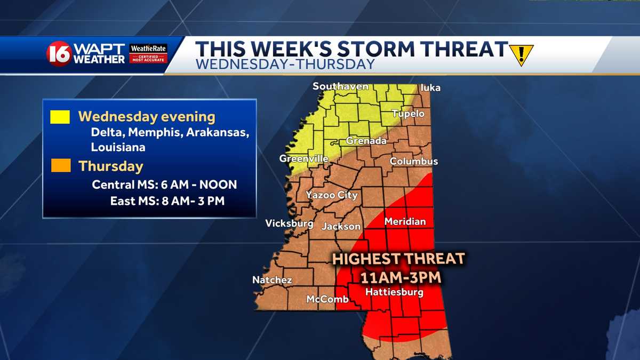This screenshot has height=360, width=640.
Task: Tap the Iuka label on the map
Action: pyautogui.click(x=430, y=87)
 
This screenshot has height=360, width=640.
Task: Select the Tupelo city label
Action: pyautogui.click(x=408, y=114)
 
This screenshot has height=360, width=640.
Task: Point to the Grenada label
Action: pyautogui.click(x=366, y=141)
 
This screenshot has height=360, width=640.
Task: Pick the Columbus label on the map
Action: pyautogui.click(x=414, y=161)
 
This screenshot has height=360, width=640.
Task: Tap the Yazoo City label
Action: pyautogui.click(x=331, y=195)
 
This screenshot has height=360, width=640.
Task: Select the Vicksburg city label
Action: pyautogui.click(x=289, y=223)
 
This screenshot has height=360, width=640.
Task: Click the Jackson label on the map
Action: pyautogui.click(x=341, y=227)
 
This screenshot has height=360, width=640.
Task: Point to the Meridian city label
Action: pyautogui.click(x=405, y=221)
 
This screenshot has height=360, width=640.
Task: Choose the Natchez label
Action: pyautogui.click(x=272, y=279)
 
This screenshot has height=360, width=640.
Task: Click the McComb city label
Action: pyautogui.click(x=327, y=299)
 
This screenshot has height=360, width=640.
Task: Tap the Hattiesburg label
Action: pyautogui.click(x=394, y=292)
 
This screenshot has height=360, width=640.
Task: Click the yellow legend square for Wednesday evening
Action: pyautogui.click(x=60, y=117)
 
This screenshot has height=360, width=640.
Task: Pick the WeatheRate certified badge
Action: pyautogui.click(x=148, y=53)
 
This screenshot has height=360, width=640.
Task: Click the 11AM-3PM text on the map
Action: pyautogui.click(x=398, y=277)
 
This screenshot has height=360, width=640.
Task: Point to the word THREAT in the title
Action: pyautogui.click(x=459, y=49)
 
